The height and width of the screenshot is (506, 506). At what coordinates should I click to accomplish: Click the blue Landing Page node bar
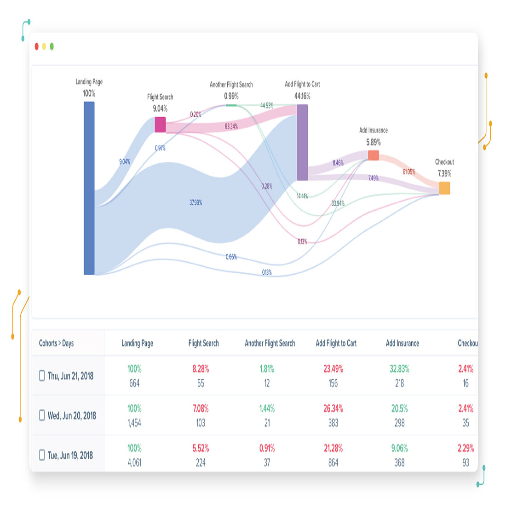(x=89, y=188)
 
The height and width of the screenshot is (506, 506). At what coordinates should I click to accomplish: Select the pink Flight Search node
(x=160, y=125)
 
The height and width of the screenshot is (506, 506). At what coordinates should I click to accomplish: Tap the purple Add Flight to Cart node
(x=302, y=143)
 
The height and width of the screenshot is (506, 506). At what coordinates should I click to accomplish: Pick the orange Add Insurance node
(x=374, y=155)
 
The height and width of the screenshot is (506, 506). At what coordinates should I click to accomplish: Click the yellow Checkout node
(x=444, y=188)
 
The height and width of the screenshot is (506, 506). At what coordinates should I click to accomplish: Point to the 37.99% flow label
(x=195, y=202)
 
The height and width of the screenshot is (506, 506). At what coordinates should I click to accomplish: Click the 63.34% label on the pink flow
(x=231, y=126)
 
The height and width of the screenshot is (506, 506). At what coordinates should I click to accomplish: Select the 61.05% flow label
(x=408, y=172)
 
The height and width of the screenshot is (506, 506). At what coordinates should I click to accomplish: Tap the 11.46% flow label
(x=338, y=163)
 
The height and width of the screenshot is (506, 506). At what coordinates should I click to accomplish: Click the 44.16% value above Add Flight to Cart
(x=302, y=96)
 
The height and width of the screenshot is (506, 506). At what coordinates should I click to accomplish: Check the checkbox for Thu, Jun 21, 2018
(x=42, y=376)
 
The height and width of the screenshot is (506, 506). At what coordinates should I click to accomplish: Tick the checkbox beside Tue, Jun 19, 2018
(x=42, y=455)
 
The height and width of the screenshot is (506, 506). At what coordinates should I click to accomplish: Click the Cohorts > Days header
(x=56, y=343)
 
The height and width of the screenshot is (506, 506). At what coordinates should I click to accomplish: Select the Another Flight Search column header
(x=270, y=343)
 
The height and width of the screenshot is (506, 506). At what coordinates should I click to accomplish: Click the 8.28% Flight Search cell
(x=201, y=369)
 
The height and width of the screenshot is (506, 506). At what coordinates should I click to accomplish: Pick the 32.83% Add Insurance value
(x=399, y=369)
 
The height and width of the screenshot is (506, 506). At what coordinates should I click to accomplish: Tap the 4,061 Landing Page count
(x=134, y=463)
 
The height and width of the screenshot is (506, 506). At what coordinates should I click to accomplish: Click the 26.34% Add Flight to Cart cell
(x=333, y=408)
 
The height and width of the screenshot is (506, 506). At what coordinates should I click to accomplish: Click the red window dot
(x=37, y=46)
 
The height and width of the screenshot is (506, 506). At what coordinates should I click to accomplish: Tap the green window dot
(x=52, y=46)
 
